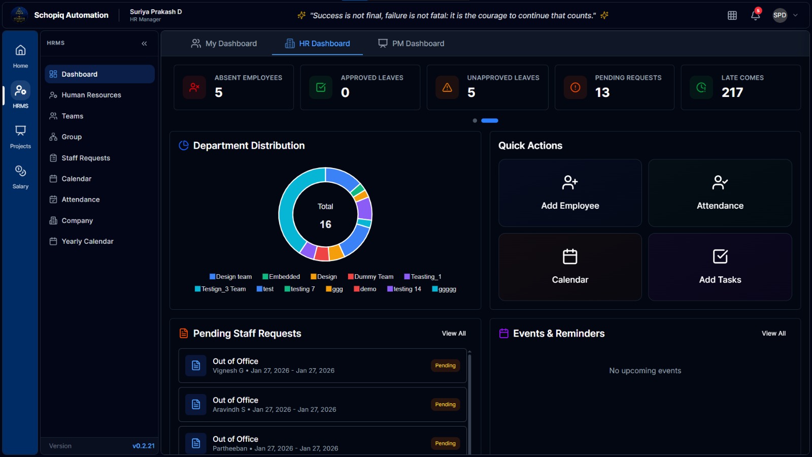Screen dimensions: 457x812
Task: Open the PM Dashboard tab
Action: (x=411, y=44)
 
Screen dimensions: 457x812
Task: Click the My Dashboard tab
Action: (x=224, y=44)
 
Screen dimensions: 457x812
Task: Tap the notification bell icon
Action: (x=755, y=15)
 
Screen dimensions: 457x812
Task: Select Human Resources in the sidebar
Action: (x=91, y=95)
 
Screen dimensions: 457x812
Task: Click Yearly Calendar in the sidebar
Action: (x=87, y=241)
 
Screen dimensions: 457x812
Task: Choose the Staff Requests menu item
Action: (x=86, y=158)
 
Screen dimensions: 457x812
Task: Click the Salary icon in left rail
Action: (x=20, y=176)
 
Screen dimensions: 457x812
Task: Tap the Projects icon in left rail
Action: (x=20, y=136)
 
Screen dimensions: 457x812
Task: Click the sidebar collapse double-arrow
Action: (x=144, y=44)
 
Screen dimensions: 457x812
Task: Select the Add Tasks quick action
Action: (x=720, y=267)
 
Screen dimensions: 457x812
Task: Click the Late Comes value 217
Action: (x=732, y=92)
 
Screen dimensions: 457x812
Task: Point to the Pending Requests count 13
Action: (x=602, y=92)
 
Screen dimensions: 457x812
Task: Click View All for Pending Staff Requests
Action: (x=453, y=334)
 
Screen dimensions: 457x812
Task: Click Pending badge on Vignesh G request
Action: (x=445, y=366)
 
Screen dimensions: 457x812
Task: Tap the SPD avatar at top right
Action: (x=780, y=15)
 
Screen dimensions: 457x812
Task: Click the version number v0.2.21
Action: (x=144, y=446)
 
